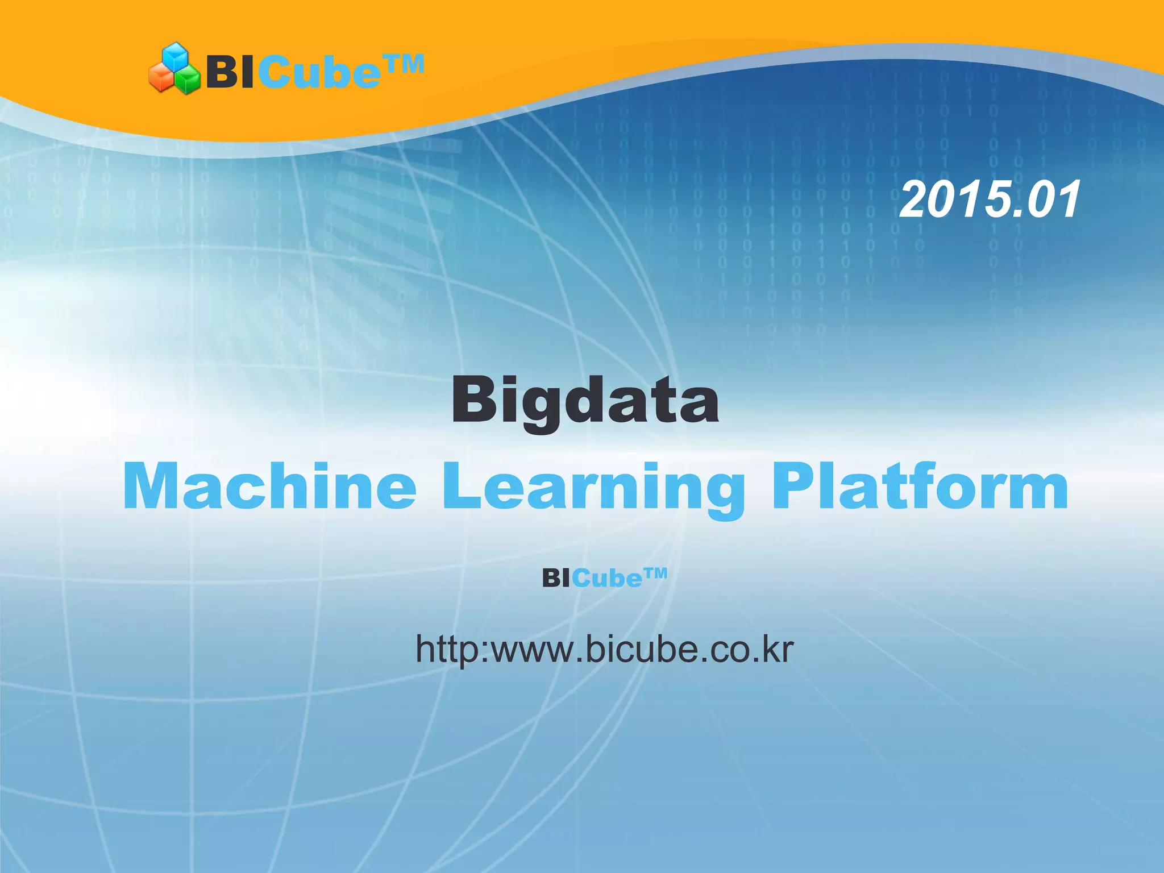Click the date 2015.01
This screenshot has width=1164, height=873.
[x=990, y=199]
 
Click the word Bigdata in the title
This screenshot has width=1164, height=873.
[x=585, y=401]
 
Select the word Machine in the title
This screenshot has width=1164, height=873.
[x=269, y=487]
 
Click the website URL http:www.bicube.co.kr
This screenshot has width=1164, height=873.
[x=604, y=649]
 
